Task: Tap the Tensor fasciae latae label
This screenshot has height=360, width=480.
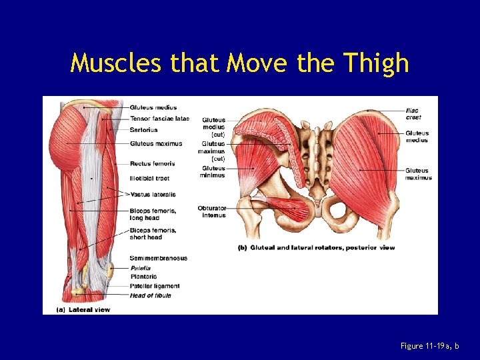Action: point(159,119)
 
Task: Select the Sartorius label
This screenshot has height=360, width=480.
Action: point(144,129)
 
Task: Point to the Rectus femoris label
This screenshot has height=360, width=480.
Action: point(153,163)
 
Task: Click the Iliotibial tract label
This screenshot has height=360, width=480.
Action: point(150,179)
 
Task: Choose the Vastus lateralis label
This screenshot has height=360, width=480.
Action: point(153,195)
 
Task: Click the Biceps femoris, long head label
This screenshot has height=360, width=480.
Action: point(153,214)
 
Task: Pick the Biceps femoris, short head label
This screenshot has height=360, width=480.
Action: point(153,233)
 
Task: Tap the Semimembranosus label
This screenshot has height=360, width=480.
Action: point(159,258)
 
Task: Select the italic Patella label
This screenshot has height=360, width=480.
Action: point(141,268)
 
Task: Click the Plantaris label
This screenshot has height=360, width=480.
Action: point(143,277)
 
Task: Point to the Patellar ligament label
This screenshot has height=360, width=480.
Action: point(155,286)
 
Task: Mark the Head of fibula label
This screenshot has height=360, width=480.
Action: point(151,295)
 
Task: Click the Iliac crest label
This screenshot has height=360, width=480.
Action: point(413,114)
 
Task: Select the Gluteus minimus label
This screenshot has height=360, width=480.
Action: point(213,171)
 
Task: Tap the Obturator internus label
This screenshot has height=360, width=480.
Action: point(212,211)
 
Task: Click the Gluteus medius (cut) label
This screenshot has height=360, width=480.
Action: point(213,127)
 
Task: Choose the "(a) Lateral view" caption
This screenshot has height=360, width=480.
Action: point(83,309)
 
